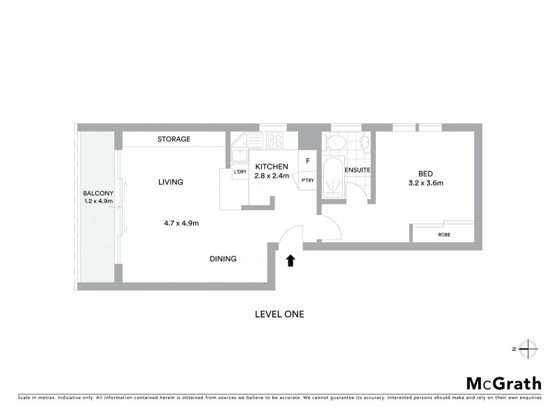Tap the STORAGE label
(x=174, y=139)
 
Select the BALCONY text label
(x=94, y=193)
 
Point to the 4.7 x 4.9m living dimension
(x=181, y=223)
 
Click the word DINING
(x=223, y=259)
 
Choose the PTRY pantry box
(x=307, y=180)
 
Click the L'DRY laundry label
(x=239, y=171)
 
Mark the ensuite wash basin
(x=363, y=143)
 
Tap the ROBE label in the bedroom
(x=444, y=234)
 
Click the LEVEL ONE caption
(x=279, y=314)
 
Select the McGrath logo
(x=503, y=383)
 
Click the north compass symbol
(x=529, y=348)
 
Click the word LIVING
(x=170, y=182)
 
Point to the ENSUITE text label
(x=357, y=170)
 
